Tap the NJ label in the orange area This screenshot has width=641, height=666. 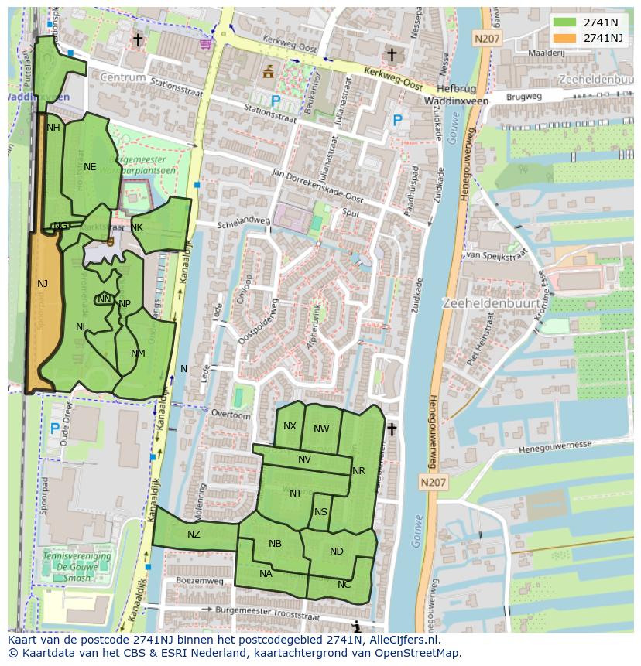pyautogui.click(x=43, y=284)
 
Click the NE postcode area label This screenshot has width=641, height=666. pyautogui.click(x=90, y=166)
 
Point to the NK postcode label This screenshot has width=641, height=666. pyautogui.click(x=137, y=227)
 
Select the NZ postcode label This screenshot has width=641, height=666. pyautogui.click(x=194, y=534)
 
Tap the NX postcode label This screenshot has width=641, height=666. pyautogui.click(x=290, y=426)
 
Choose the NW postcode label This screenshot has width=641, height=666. pyautogui.click(x=321, y=429)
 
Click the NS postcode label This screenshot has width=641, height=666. pyautogui.click(x=320, y=511)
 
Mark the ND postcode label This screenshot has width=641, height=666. pyautogui.click(x=336, y=552)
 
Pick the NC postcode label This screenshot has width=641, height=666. pyautogui.click(x=344, y=585)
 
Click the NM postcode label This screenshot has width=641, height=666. pyautogui.click(x=138, y=353)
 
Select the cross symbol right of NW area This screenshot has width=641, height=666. pyautogui.click(x=392, y=429)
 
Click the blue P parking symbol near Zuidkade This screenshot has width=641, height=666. pyautogui.click(x=397, y=121)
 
